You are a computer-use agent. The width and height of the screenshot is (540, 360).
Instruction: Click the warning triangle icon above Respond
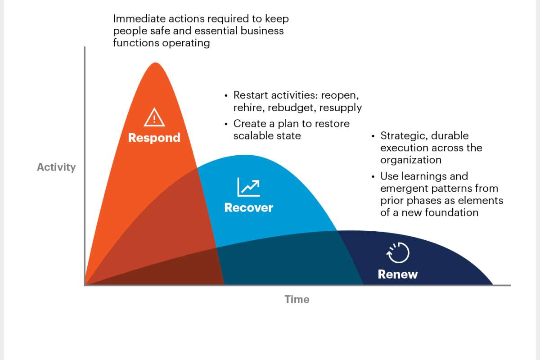[154, 118]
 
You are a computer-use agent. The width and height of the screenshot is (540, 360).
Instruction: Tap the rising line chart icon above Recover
[248, 187]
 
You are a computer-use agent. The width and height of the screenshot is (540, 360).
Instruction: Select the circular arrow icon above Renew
[398, 253]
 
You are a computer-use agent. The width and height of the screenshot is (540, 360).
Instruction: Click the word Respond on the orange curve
[154, 138]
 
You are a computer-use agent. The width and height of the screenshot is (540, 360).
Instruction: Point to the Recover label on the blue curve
[248, 208]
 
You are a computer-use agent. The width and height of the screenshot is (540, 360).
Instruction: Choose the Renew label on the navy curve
[398, 274]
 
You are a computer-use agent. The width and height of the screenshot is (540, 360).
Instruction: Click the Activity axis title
[56, 167]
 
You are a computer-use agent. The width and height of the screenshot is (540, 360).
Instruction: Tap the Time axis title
[297, 299]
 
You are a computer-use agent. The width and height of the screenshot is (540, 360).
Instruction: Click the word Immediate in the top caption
[136, 19]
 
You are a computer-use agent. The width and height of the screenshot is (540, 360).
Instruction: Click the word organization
[410, 160]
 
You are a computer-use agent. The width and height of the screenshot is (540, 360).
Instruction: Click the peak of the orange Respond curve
[156, 63]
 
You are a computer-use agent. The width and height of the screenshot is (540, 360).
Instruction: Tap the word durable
[450, 136]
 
